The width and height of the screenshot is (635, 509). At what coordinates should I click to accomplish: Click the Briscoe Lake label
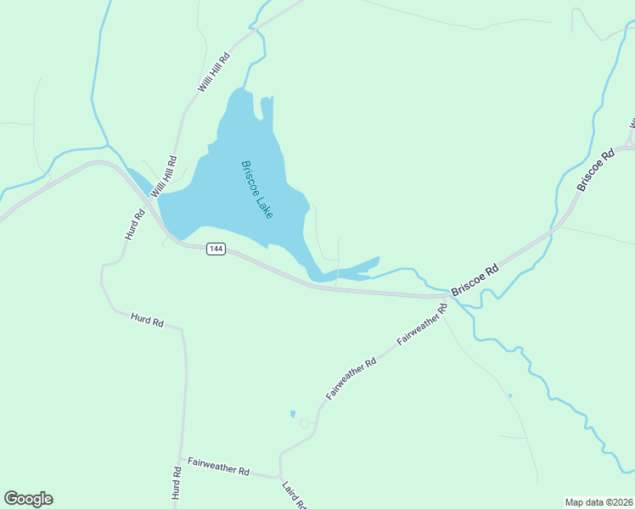click(x=257, y=190)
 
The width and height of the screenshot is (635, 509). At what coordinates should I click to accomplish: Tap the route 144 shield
click(x=216, y=249)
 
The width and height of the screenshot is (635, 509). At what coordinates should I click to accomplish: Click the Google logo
click(x=28, y=499)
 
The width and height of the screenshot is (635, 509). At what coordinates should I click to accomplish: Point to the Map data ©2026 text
click(x=598, y=502)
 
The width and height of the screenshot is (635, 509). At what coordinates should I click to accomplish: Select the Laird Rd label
click(x=294, y=494)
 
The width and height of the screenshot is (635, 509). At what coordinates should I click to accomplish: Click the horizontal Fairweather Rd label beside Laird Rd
click(x=219, y=466)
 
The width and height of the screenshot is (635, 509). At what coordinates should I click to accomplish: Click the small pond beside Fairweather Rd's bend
click(x=293, y=414)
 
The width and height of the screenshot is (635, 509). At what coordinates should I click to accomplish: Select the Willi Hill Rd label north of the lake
click(x=214, y=73)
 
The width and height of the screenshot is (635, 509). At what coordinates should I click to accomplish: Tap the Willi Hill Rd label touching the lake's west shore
click(x=164, y=176)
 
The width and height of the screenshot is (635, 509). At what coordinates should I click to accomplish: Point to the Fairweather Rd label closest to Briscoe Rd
click(x=422, y=323)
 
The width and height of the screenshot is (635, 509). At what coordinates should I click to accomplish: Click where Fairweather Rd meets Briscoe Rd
click(x=448, y=298)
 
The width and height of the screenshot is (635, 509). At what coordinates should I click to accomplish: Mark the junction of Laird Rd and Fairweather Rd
click(x=279, y=476)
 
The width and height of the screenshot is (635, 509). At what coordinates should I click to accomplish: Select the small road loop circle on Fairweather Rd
click(x=305, y=423)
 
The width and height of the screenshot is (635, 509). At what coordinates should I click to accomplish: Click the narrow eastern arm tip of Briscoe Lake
click(x=377, y=260)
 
